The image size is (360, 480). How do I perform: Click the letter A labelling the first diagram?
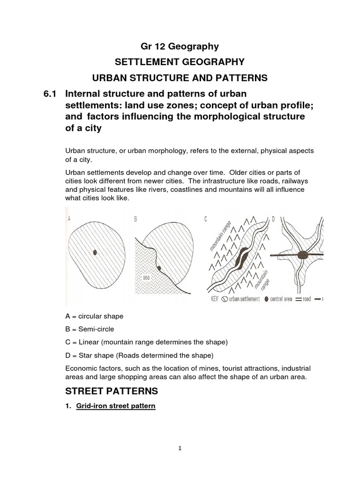[x=70, y=218]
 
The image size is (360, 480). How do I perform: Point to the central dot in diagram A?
[x=95, y=252]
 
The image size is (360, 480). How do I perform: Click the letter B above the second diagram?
[x=135, y=218]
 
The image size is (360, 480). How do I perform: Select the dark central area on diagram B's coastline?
[x=159, y=269]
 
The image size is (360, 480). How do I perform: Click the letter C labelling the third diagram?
[x=206, y=218]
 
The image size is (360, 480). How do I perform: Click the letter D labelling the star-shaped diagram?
[x=274, y=218]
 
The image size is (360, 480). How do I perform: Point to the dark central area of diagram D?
[x=304, y=255]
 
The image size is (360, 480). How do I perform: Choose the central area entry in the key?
[x=282, y=299]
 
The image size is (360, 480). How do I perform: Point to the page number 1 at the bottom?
[x=180, y=448]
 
